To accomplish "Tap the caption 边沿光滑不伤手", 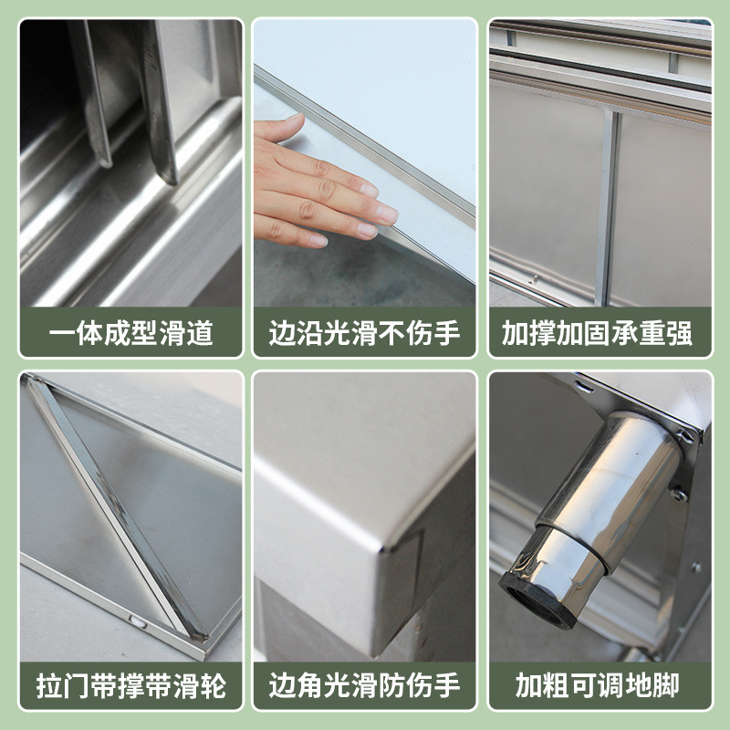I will point(364,333).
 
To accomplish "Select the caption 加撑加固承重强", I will point(598,333).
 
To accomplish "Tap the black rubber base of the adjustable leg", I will point(538,603).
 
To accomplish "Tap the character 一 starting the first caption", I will point(62,333).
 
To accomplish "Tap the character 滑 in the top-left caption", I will point(172,333).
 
